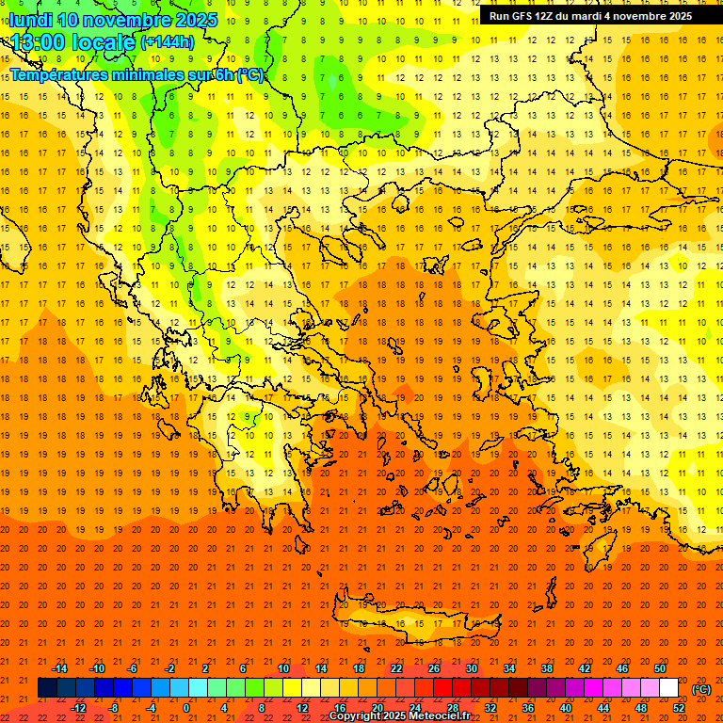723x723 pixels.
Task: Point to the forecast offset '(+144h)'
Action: pyautogui.click(x=167, y=42)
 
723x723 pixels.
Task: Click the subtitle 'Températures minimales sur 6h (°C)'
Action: pyautogui.click(x=137, y=74)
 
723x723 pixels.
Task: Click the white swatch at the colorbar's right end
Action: pyautogui.click(x=668, y=688)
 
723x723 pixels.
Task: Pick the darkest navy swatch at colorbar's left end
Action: pyautogui.click(x=47, y=688)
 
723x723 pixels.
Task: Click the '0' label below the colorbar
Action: pyautogui.click(x=186, y=708)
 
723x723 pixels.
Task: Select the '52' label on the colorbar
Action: pyautogui.click(x=679, y=708)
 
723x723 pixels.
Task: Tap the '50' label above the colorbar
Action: pyautogui.click(x=660, y=668)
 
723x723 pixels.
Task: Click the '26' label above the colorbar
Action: pyautogui.click(x=434, y=668)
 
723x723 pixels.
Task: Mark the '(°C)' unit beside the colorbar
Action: pyautogui.click(x=701, y=689)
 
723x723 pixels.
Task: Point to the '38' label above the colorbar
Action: pyautogui.click(x=547, y=668)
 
